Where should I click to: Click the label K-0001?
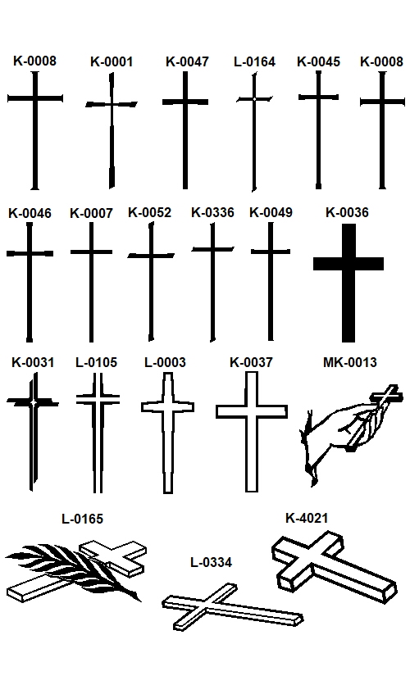111,61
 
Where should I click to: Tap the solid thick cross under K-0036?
348,264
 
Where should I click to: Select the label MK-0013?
349,362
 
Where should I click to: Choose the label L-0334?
211,562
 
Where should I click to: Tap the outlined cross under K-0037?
252,411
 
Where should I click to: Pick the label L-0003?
165,362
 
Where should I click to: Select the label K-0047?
187,61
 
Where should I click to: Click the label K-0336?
212,212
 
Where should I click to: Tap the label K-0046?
30,213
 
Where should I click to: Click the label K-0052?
149,212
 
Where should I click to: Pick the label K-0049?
271,212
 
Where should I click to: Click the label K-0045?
318,61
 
